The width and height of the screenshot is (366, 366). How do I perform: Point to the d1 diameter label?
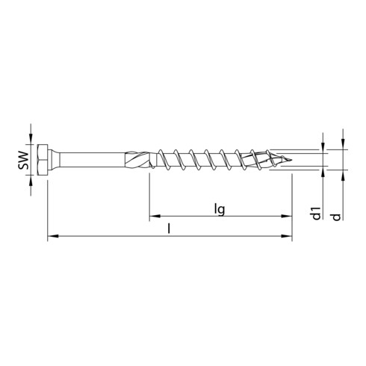coord(317,213)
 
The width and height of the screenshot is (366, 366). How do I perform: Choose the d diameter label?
coord(341,215)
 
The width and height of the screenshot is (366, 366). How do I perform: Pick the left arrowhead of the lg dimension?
coord(154,217)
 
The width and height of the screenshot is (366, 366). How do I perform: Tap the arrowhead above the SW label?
coord(31,140)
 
